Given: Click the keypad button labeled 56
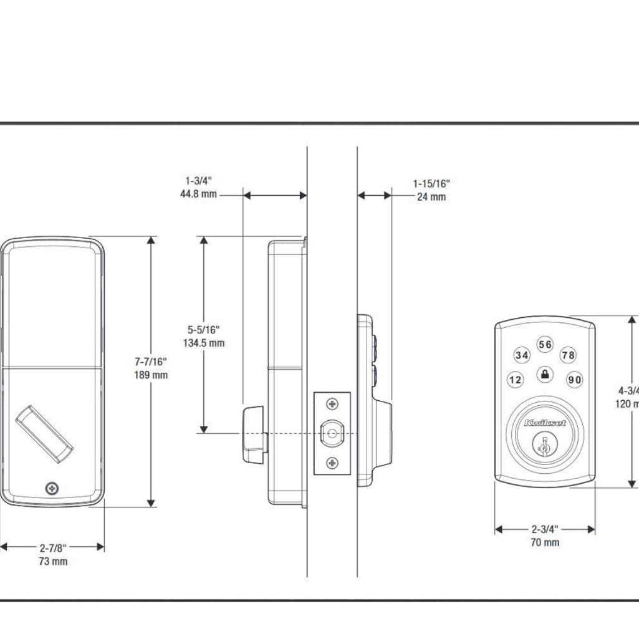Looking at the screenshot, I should pos(545,345).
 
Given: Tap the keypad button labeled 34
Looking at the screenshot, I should pos(521,355).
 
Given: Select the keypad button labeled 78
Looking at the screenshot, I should pos(568,355).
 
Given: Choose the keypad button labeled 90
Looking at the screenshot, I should pos(574,380).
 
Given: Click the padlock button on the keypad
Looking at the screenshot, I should pos(545,375).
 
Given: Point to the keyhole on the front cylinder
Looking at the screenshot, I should pos(544,446).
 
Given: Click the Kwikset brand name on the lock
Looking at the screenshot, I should pos(545,423).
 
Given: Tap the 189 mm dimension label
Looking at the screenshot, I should pos(151,375).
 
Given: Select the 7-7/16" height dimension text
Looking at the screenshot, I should pos(151,362).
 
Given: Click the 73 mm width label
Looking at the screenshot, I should pos(52,562).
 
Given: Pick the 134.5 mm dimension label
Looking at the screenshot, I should pos(204,343).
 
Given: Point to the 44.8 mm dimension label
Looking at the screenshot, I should pos(199,194).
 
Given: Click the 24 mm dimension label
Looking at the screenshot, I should pos(431,197).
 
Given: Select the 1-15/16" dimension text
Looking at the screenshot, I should pos(431,184).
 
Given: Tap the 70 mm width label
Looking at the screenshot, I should pos(544,542).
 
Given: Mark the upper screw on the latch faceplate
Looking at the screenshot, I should pos(332,405).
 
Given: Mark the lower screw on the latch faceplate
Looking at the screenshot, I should pos(332,462).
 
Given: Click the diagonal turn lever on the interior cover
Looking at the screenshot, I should pos(44,435).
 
